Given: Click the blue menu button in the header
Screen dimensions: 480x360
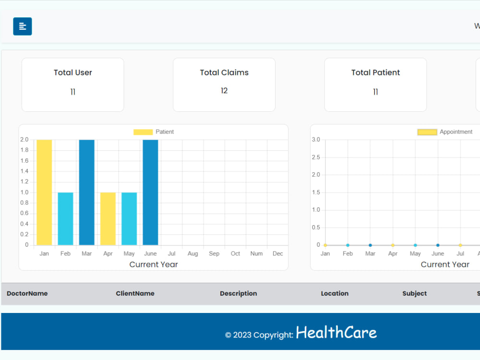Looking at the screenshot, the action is tap(23, 26).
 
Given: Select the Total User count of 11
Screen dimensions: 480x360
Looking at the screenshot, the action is tap(73, 92).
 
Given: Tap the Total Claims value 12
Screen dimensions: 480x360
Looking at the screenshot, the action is tap(224, 91).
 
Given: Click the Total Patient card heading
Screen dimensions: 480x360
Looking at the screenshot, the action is tap(375, 72).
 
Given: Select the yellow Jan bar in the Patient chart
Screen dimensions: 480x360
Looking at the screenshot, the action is tap(44, 192).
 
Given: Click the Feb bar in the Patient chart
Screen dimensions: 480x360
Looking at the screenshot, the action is tap(65, 218).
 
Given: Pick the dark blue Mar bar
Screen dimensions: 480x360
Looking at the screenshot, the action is tap(86, 192).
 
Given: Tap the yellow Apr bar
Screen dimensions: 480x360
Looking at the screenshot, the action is tap(108, 218).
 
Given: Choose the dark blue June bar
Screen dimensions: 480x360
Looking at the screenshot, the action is tap(150, 192).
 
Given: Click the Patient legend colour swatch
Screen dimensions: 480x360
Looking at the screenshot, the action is tap(143, 132).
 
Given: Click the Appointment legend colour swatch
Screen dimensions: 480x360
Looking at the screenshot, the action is tap(427, 132).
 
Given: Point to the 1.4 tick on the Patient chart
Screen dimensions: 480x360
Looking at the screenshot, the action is tap(24, 171).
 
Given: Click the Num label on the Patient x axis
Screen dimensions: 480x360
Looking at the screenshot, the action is tap(256, 253).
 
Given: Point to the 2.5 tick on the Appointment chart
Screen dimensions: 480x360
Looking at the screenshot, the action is tap(316, 157).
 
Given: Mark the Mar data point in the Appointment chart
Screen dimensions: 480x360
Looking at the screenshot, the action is tap(370, 245).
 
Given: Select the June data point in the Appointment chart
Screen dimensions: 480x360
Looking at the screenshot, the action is tap(438, 245).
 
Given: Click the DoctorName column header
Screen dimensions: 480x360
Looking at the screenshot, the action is tap(27, 293).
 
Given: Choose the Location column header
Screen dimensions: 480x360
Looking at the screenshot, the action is tap(335, 293).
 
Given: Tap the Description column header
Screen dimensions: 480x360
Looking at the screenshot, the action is tap(239, 294).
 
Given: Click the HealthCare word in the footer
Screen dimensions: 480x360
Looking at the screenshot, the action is tap(336, 333).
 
